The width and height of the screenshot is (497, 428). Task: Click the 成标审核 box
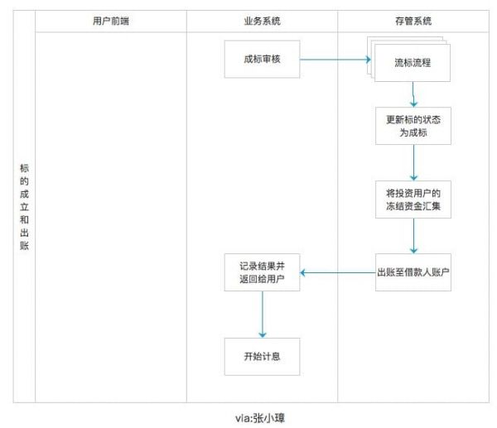263,60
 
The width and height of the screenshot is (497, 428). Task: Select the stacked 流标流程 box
412,62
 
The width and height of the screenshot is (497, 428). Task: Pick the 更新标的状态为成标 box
413,126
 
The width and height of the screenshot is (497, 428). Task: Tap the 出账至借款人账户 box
413,273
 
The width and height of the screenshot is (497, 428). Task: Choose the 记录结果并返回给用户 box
263,273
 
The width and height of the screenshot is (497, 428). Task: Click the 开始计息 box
263,357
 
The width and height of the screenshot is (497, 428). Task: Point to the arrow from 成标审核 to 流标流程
333,60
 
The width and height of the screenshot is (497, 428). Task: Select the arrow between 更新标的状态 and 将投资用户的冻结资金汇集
413,163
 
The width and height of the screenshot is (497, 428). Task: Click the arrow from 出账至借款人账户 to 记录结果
336,273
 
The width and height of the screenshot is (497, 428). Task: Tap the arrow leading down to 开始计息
263,315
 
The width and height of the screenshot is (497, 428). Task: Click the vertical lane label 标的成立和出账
24,207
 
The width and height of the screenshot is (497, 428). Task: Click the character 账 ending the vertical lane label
24,246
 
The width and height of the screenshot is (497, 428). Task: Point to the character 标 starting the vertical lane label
24,168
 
